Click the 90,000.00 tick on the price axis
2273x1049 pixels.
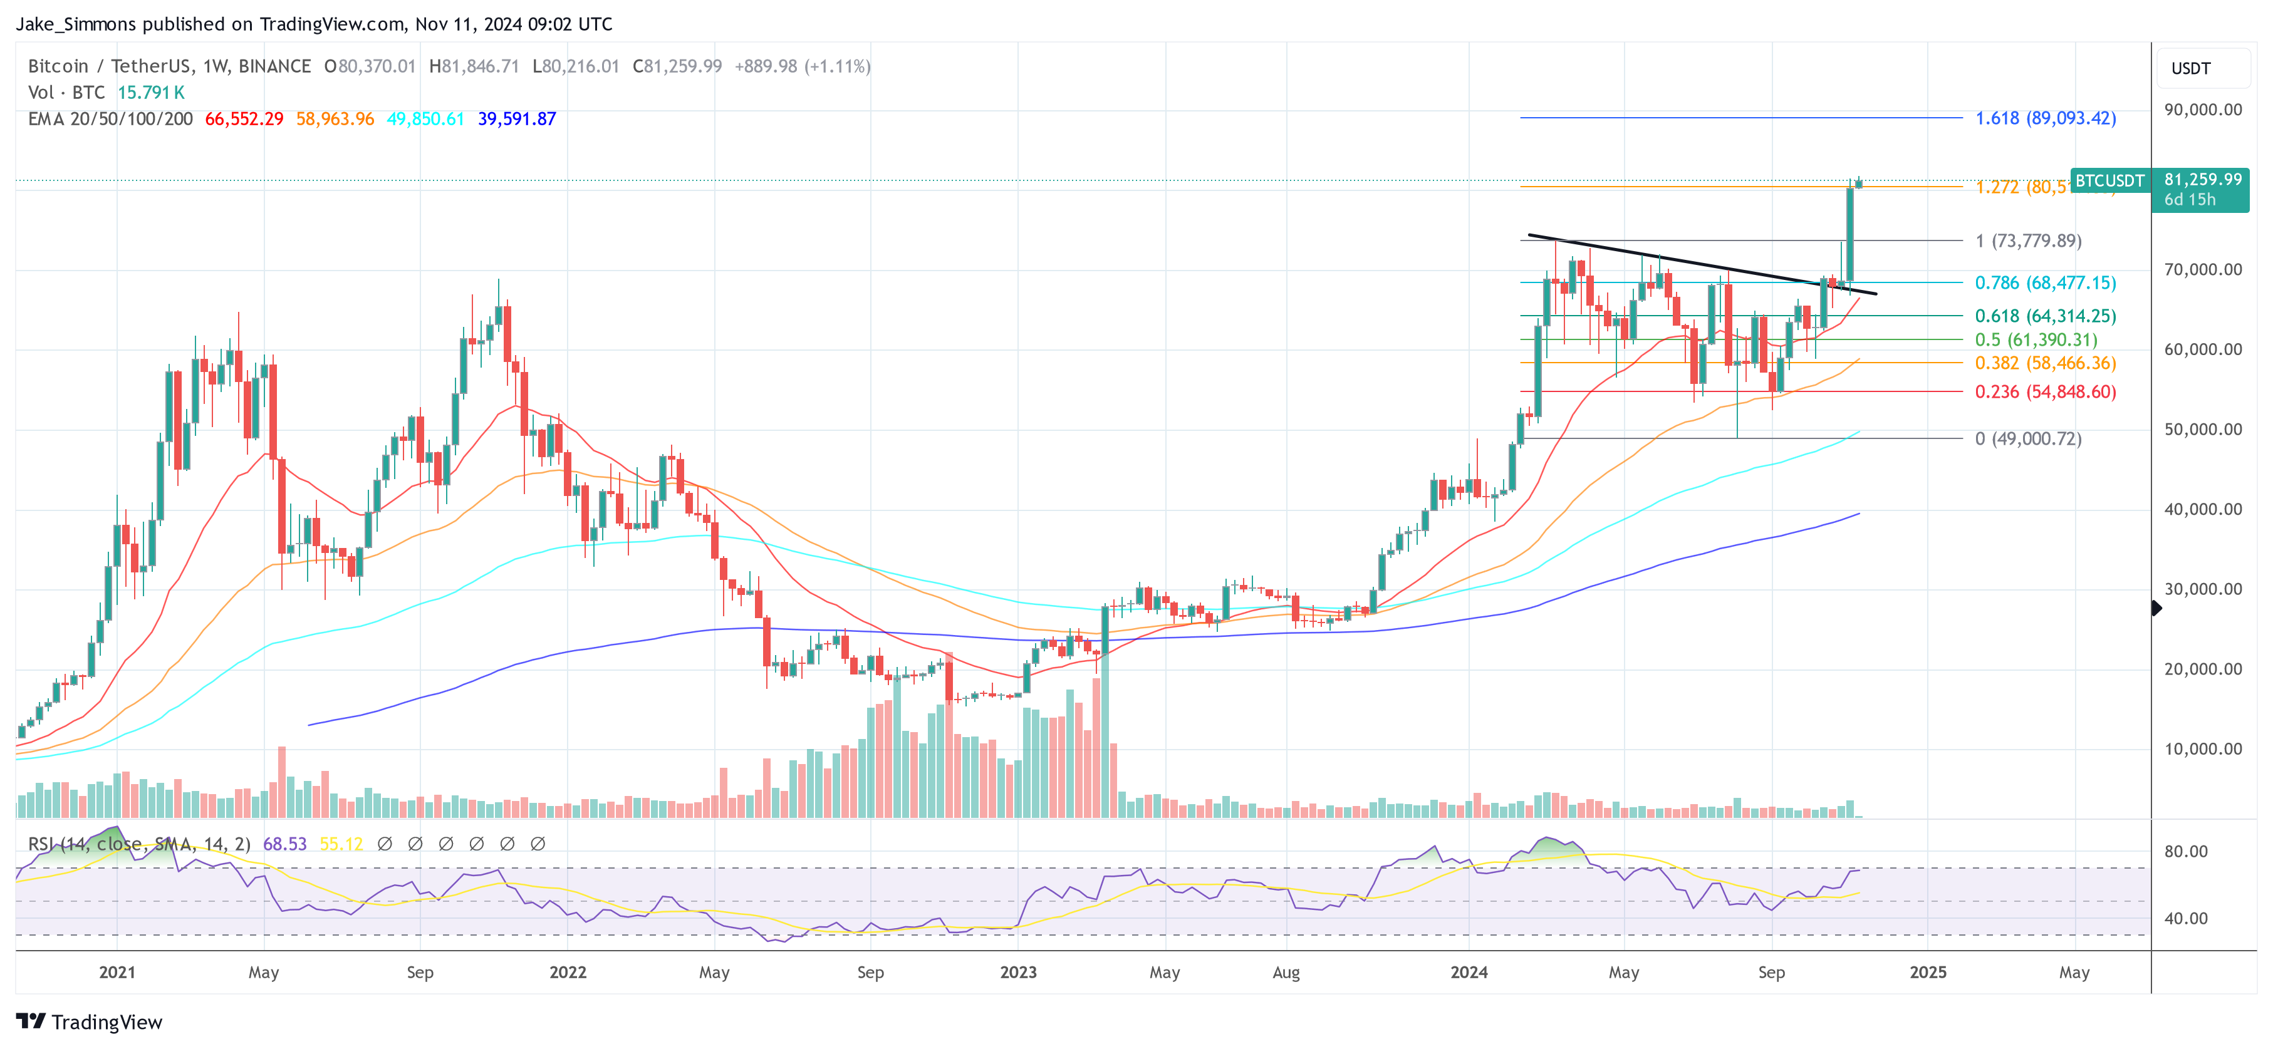point(2202,110)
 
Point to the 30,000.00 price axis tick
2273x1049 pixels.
point(2202,589)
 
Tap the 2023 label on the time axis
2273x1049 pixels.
point(1017,972)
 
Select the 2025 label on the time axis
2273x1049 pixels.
point(1927,972)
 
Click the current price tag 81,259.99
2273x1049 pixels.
point(2202,180)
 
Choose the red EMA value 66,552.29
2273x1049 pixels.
point(244,119)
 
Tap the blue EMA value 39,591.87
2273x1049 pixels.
point(516,119)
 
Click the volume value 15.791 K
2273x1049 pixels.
point(151,93)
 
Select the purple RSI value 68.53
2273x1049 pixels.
point(284,844)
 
